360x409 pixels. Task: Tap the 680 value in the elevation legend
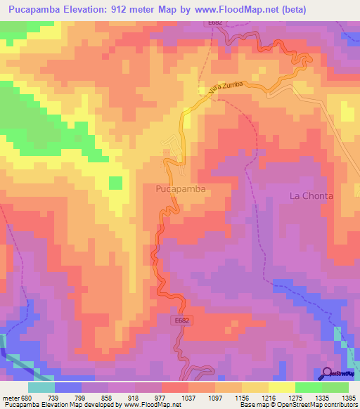pyautogui.click(x=27, y=397)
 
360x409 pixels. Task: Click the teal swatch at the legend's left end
pyautogui.click(x=41, y=387)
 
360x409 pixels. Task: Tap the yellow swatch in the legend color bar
pyautogui.click(x=281, y=387)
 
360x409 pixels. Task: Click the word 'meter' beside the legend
pyautogui.click(x=10, y=397)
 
